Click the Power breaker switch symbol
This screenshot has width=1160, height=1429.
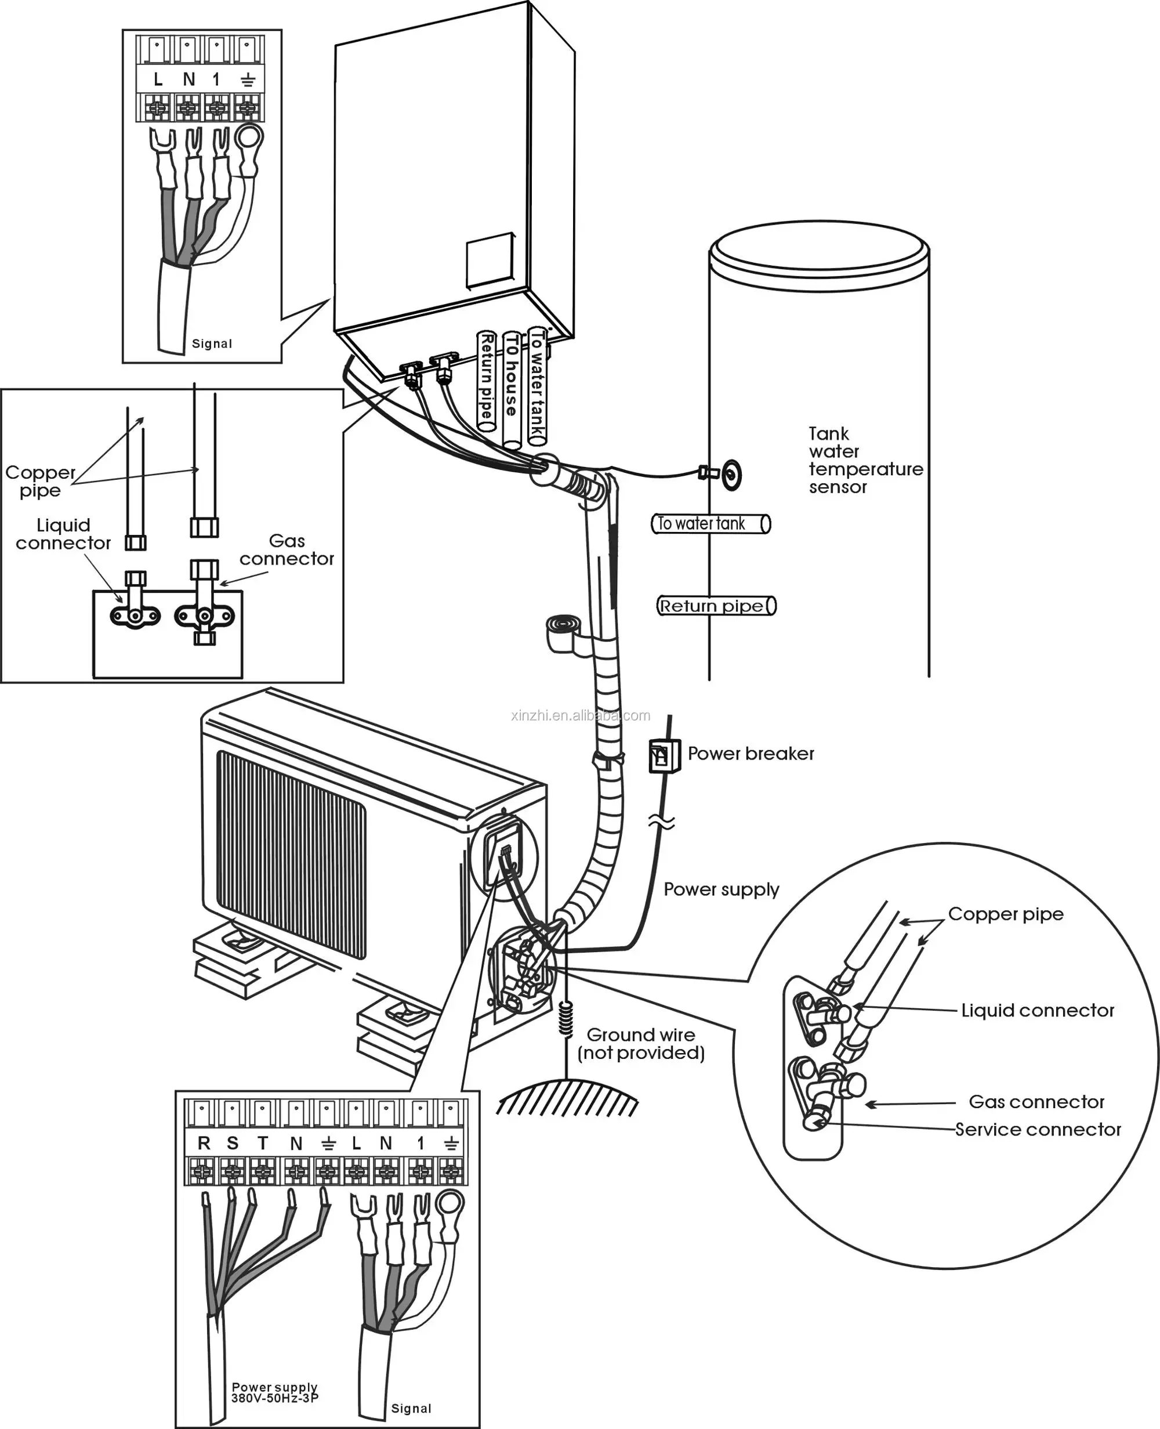[664, 756]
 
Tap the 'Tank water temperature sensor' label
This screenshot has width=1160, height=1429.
[865, 461]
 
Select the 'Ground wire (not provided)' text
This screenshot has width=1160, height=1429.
[640, 1043]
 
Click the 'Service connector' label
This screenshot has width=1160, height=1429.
[1037, 1129]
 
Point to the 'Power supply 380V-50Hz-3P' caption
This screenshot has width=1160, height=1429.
[274, 1392]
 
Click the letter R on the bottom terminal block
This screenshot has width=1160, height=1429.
[204, 1143]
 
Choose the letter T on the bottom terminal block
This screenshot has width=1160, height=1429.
[263, 1143]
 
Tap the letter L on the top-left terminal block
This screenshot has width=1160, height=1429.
[158, 79]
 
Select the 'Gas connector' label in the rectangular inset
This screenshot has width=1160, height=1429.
[287, 549]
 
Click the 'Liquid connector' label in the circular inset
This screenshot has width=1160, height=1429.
[1037, 1010]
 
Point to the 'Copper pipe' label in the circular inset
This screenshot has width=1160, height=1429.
[1005, 914]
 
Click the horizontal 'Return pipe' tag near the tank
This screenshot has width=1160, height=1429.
[716, 606]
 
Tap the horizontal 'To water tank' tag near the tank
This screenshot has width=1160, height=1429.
[710, 523]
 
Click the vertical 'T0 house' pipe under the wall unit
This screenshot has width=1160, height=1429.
[512, 388]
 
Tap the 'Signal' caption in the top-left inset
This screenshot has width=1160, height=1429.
[212, 343]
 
